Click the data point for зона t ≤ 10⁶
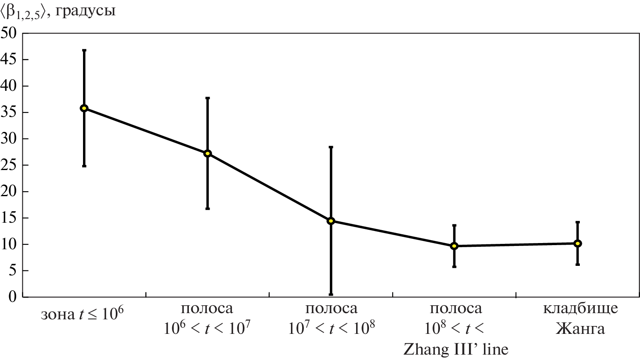84,108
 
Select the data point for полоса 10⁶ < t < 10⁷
208,153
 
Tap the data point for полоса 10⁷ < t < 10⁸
331,221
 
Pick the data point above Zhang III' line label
454,246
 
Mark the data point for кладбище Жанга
577,243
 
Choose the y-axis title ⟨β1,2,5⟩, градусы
58,11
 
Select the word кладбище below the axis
580,309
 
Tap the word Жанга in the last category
580,328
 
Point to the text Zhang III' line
456,349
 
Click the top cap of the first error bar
84,50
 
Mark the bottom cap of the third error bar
331,294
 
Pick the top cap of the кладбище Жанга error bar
577,222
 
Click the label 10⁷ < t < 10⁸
332,328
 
